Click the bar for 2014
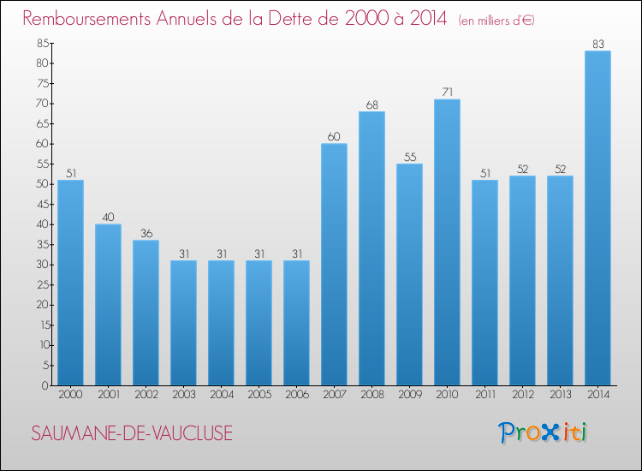(597, 218)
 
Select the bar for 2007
(334, 264)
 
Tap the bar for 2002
(146, 313)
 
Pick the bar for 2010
(447, 242)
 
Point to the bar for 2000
(70, 283)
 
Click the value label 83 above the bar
(598, 44)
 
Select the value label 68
(372, 104)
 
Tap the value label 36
(146, 234)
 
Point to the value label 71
(447, 92)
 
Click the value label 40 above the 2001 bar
(108, 217)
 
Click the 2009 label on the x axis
(410, 395)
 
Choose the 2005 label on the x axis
(259, 395)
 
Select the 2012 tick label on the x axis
(523, 395)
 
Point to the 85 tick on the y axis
(43, 43)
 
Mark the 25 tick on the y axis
(43, 284)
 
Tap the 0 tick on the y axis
(45, 385)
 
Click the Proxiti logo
(543, 432)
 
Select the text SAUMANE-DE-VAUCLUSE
(132, 433)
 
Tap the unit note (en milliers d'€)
(496, 21)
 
